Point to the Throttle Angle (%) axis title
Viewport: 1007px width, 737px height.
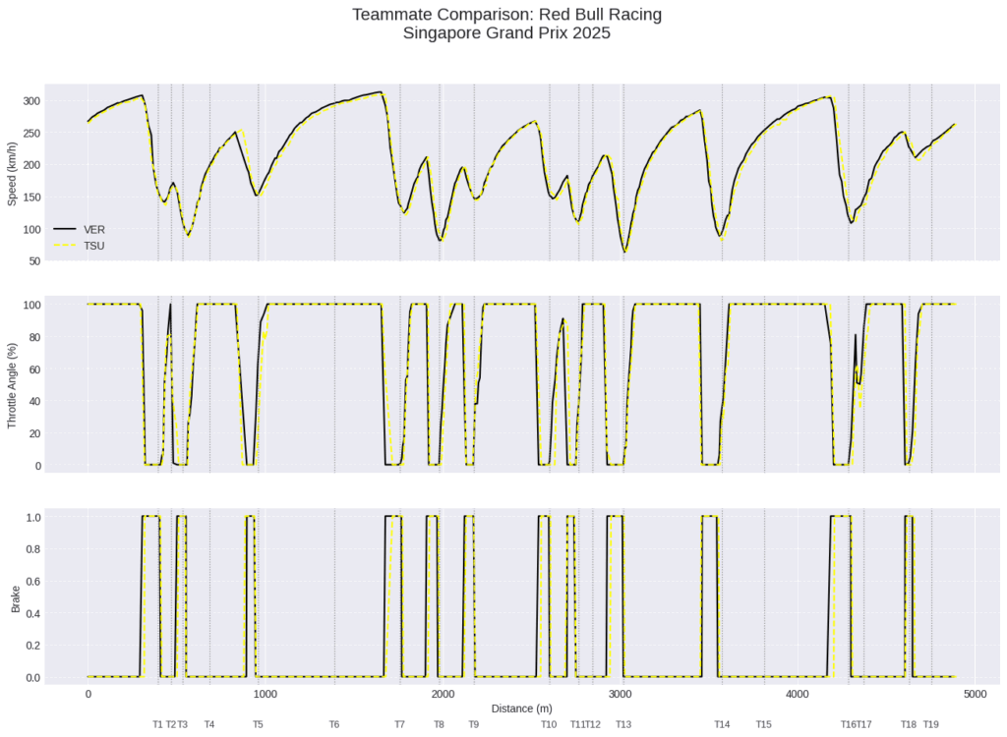click(x=13, y=384)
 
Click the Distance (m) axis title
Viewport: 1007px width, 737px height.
click(x=520, y=708)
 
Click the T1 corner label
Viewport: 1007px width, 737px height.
click(x=157, y=724)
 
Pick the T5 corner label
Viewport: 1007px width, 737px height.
click(x=258, y=724)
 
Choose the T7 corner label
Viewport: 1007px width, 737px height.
click(x=399, y=724)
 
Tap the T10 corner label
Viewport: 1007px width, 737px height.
click(x=549, y=724)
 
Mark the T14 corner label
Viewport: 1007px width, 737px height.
click(x=722, y=724)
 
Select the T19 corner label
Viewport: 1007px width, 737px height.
click(x=930, y=724)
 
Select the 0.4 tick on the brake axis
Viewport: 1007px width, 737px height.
click(x=32, y=613)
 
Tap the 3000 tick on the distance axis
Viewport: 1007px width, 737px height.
click(x=620, y=694)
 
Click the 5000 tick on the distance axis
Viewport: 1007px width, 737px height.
click(x=975, y=694)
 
